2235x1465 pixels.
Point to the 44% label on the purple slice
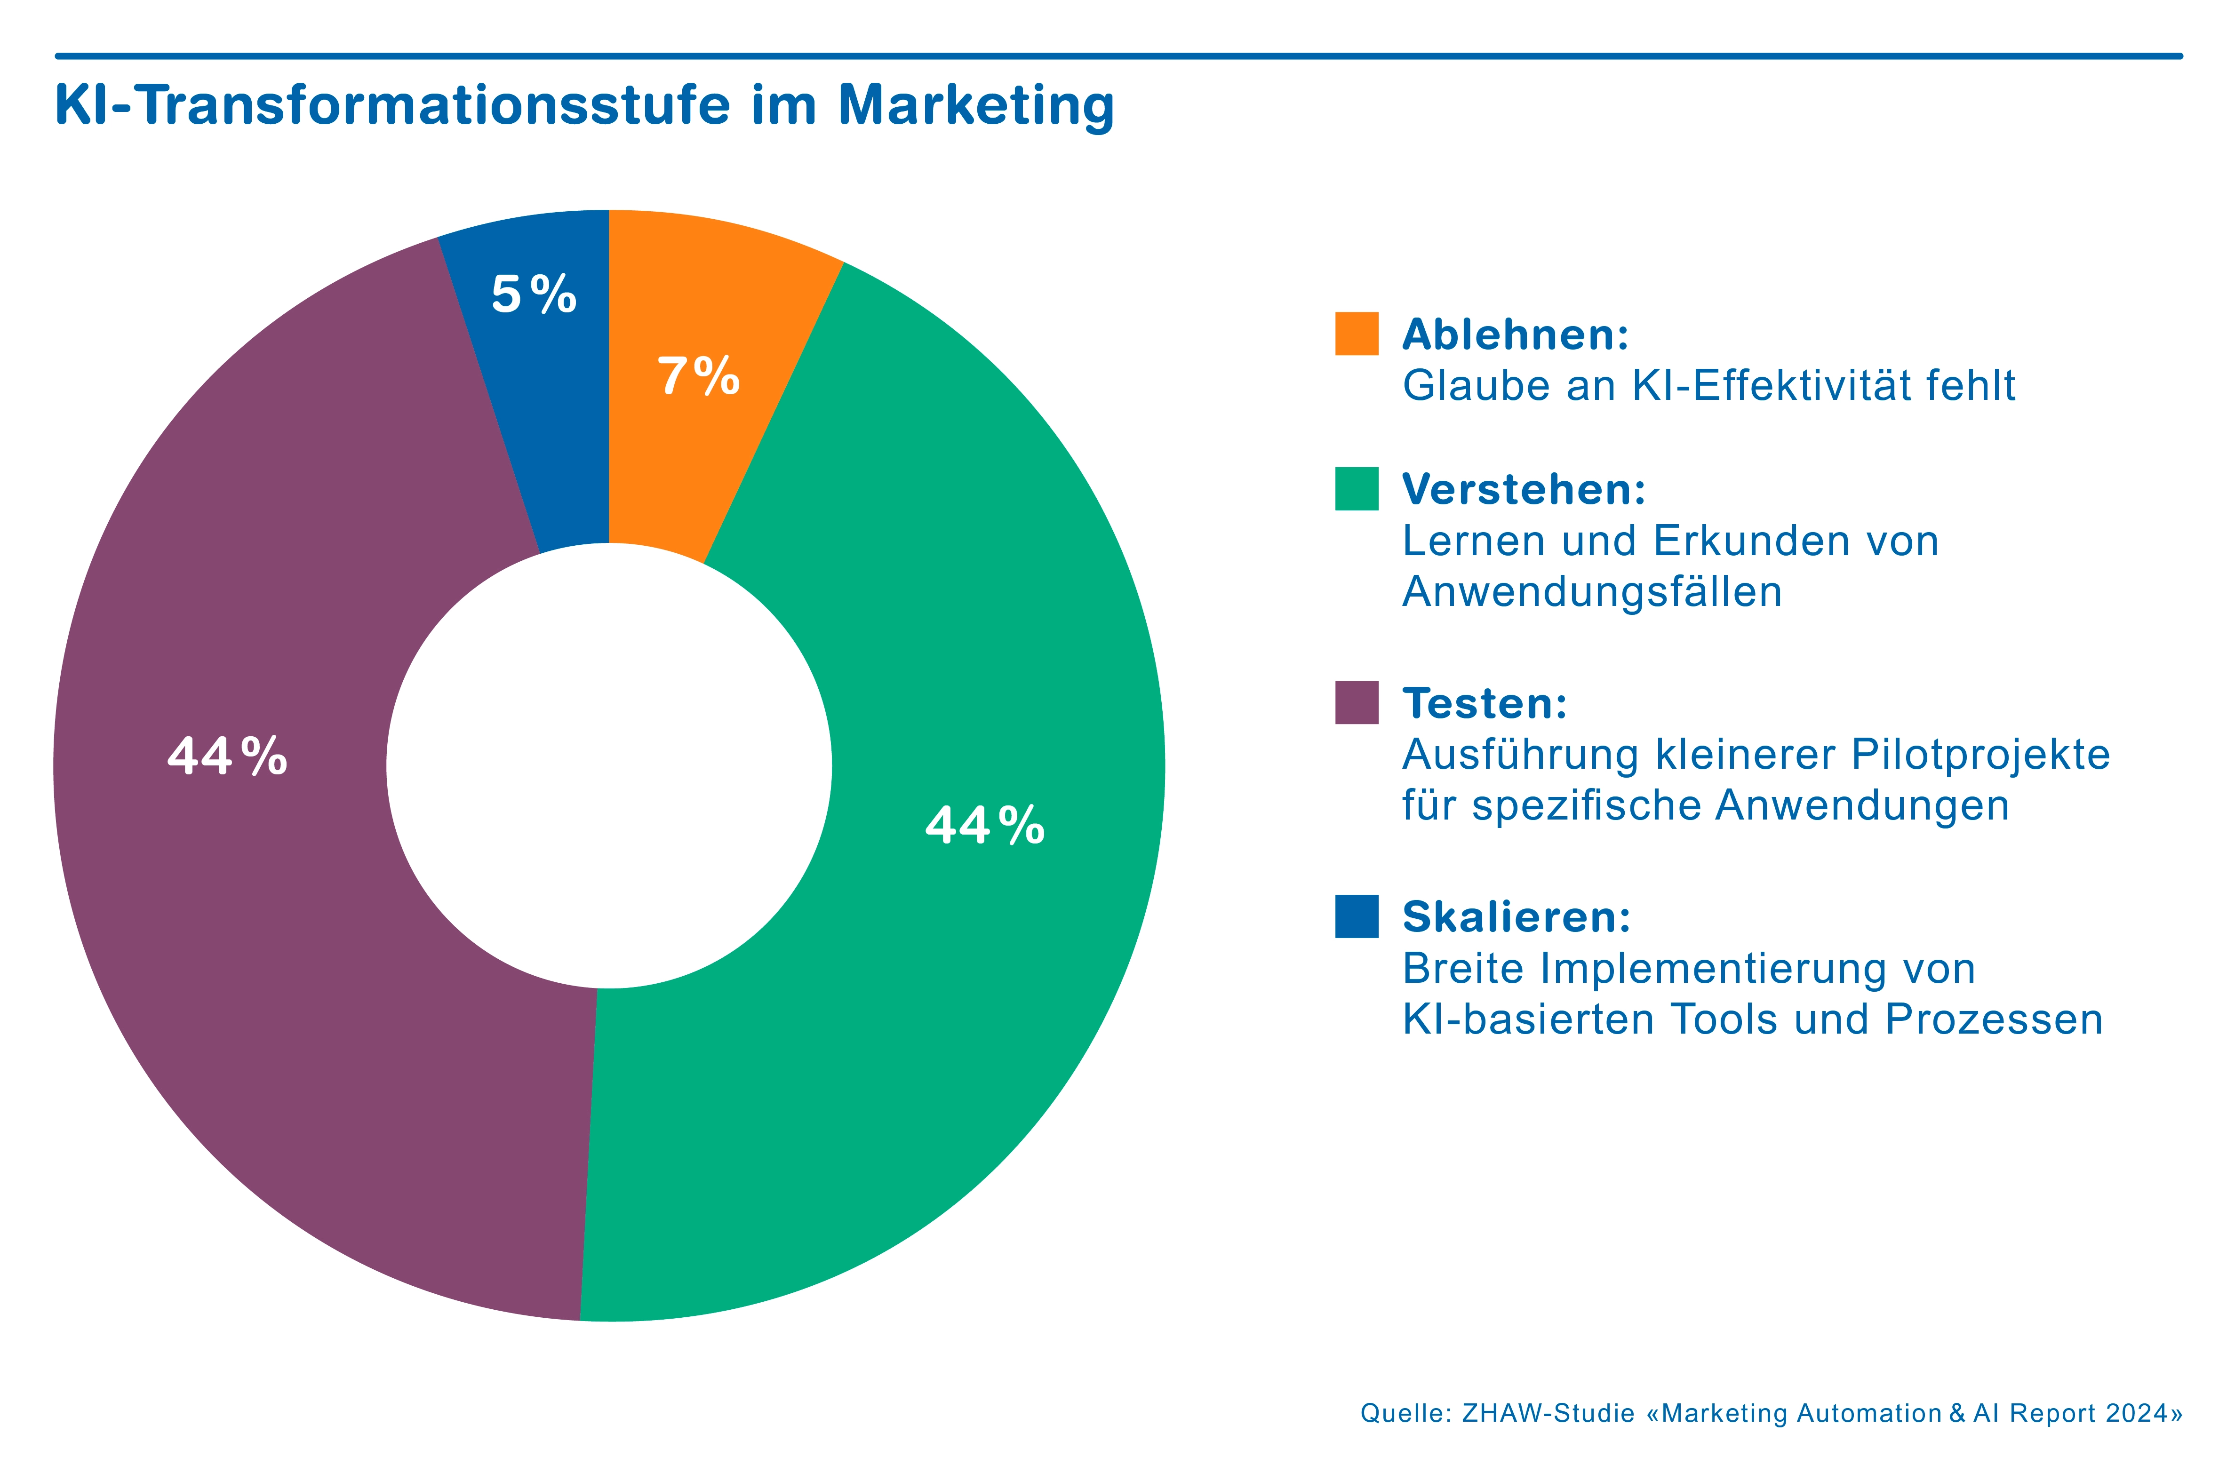227,756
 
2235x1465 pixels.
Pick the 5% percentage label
534,295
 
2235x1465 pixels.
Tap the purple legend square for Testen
1356,702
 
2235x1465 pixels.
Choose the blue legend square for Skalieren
1356,916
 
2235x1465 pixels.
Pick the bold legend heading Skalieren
1516,917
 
